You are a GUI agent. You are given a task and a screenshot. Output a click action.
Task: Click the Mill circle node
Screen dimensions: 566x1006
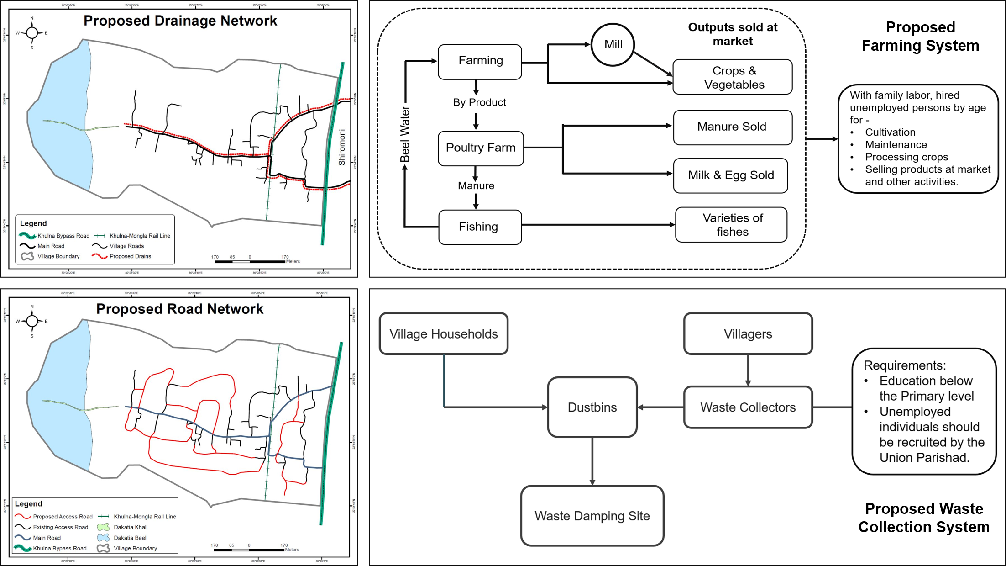pyautogui.click(x=613, y=44)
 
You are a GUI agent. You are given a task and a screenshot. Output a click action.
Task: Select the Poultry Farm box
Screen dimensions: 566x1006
pyautogui.click(x=480, y=148)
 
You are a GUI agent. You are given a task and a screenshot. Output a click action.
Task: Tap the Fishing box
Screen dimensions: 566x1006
pyautogui.click(x=480, y=227)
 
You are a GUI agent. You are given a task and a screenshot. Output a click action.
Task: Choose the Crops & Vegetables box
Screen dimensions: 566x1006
pyautogui.click(x=733, y=77)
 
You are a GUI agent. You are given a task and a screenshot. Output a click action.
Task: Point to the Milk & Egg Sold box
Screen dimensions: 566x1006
pyautogui.click(x=730, y=175)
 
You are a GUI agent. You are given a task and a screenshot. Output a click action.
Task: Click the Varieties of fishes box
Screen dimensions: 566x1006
pyautogui.click(x=732, y=225)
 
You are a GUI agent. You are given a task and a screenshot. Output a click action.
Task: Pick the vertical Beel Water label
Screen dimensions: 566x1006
pyautogui.click(x=405, y=134)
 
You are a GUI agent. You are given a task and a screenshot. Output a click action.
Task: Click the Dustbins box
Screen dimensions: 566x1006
pyautogui.click(x=592, y=407)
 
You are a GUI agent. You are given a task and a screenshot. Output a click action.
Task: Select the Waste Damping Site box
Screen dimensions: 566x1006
pyautogui.click(x=592, y=516)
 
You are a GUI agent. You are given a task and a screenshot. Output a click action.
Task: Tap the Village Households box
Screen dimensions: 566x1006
pyautogui.click(x=443, y=334)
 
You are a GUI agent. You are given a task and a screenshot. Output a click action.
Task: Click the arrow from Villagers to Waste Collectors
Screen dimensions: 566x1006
pyautogui.click(x=748, y=370)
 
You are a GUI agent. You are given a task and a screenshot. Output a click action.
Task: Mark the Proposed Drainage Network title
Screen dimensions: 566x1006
pyautogui.click(x=180, y=21)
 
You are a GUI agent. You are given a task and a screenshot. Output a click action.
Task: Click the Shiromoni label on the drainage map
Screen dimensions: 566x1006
pyautogui.click(x=342, y=147)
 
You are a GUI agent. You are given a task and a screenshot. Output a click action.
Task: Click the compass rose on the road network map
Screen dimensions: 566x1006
pyautogui.click(x=32, y=321)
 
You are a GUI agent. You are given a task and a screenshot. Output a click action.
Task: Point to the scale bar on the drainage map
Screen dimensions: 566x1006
pyautogui.click(x=250, y=261)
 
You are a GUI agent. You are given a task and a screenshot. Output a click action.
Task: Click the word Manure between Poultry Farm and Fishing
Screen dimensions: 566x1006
pyautogui.click(x=476, y=186)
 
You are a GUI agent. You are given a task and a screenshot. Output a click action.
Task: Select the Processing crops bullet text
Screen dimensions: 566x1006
pyautogui.click(x=906, y=157)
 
